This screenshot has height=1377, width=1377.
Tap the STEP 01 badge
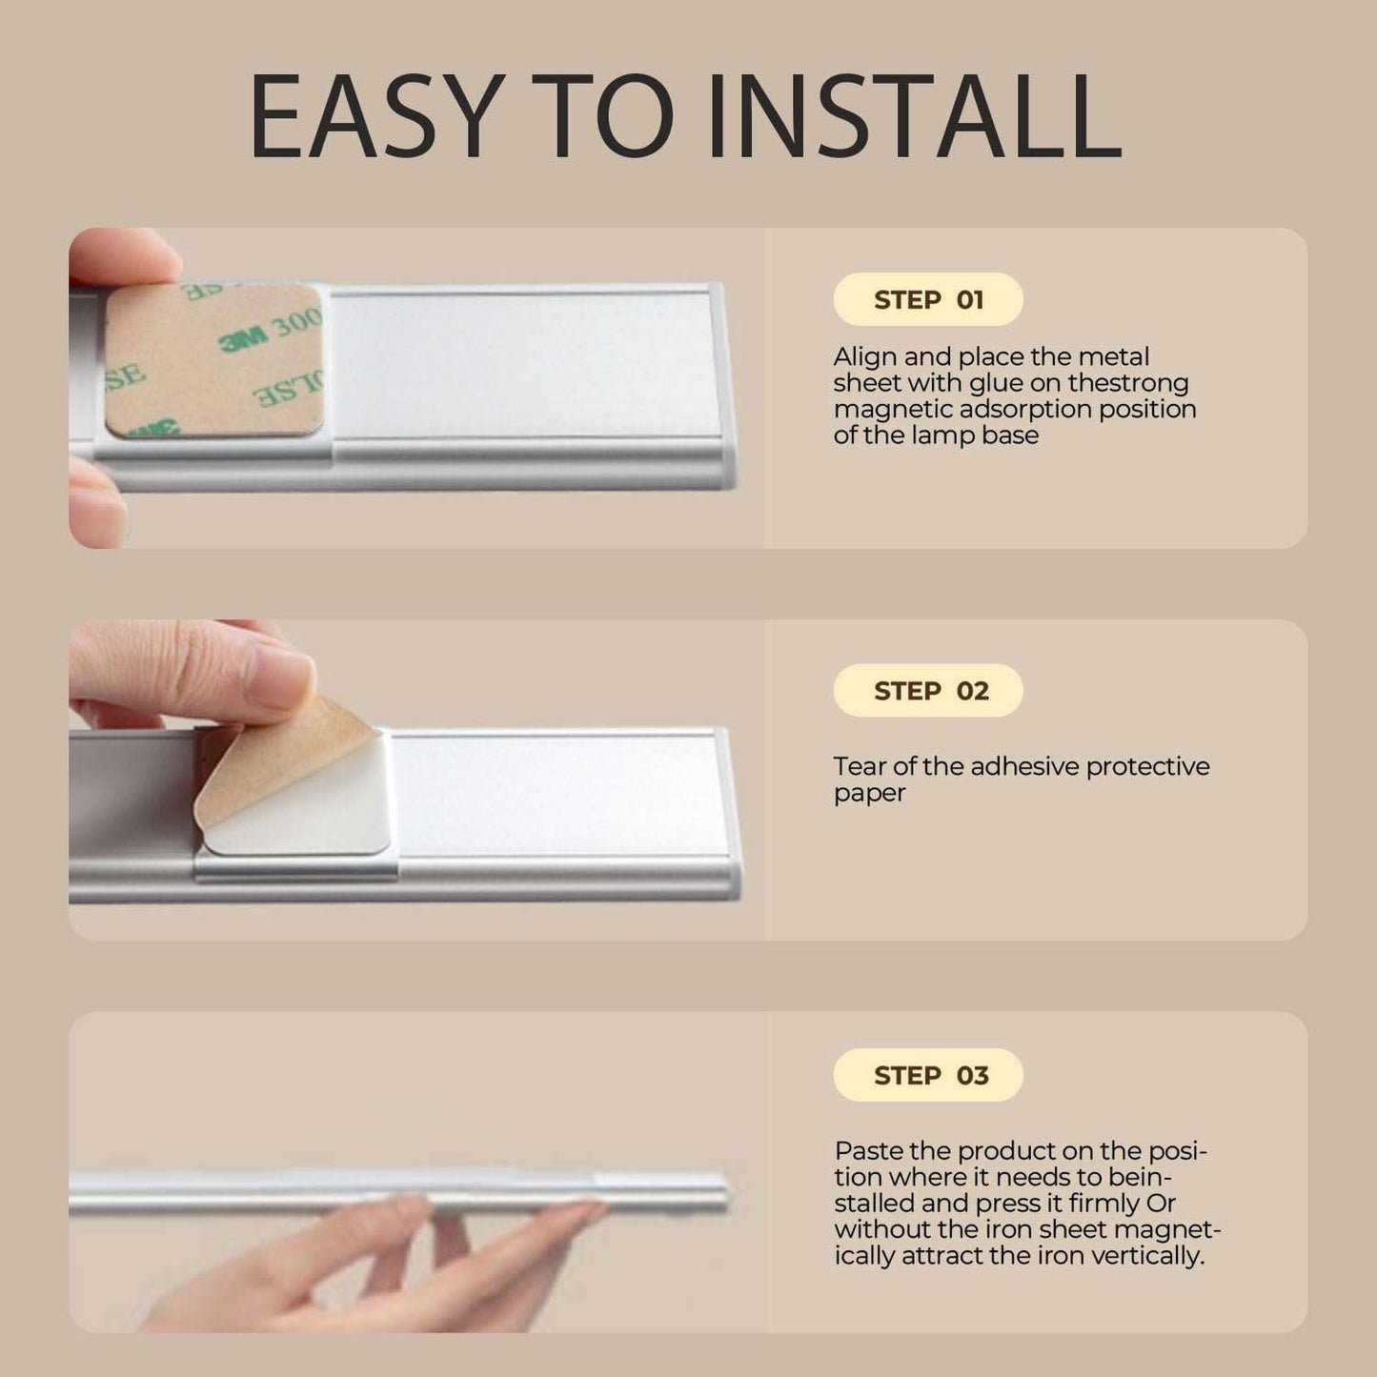coord(927,299)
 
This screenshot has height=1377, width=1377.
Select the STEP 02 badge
coord(927,690)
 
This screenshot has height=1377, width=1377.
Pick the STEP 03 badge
coord(927,1075)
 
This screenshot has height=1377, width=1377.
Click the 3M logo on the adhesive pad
coord(243,341)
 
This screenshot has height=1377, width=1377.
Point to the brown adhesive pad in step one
coord(214,360)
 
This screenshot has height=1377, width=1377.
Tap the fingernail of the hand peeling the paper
coord(279,683)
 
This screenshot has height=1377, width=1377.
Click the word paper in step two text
coord(869,794)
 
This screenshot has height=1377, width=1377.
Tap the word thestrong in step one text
coord(1128,384)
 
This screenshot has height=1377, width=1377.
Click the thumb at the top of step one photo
coord(125,256)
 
